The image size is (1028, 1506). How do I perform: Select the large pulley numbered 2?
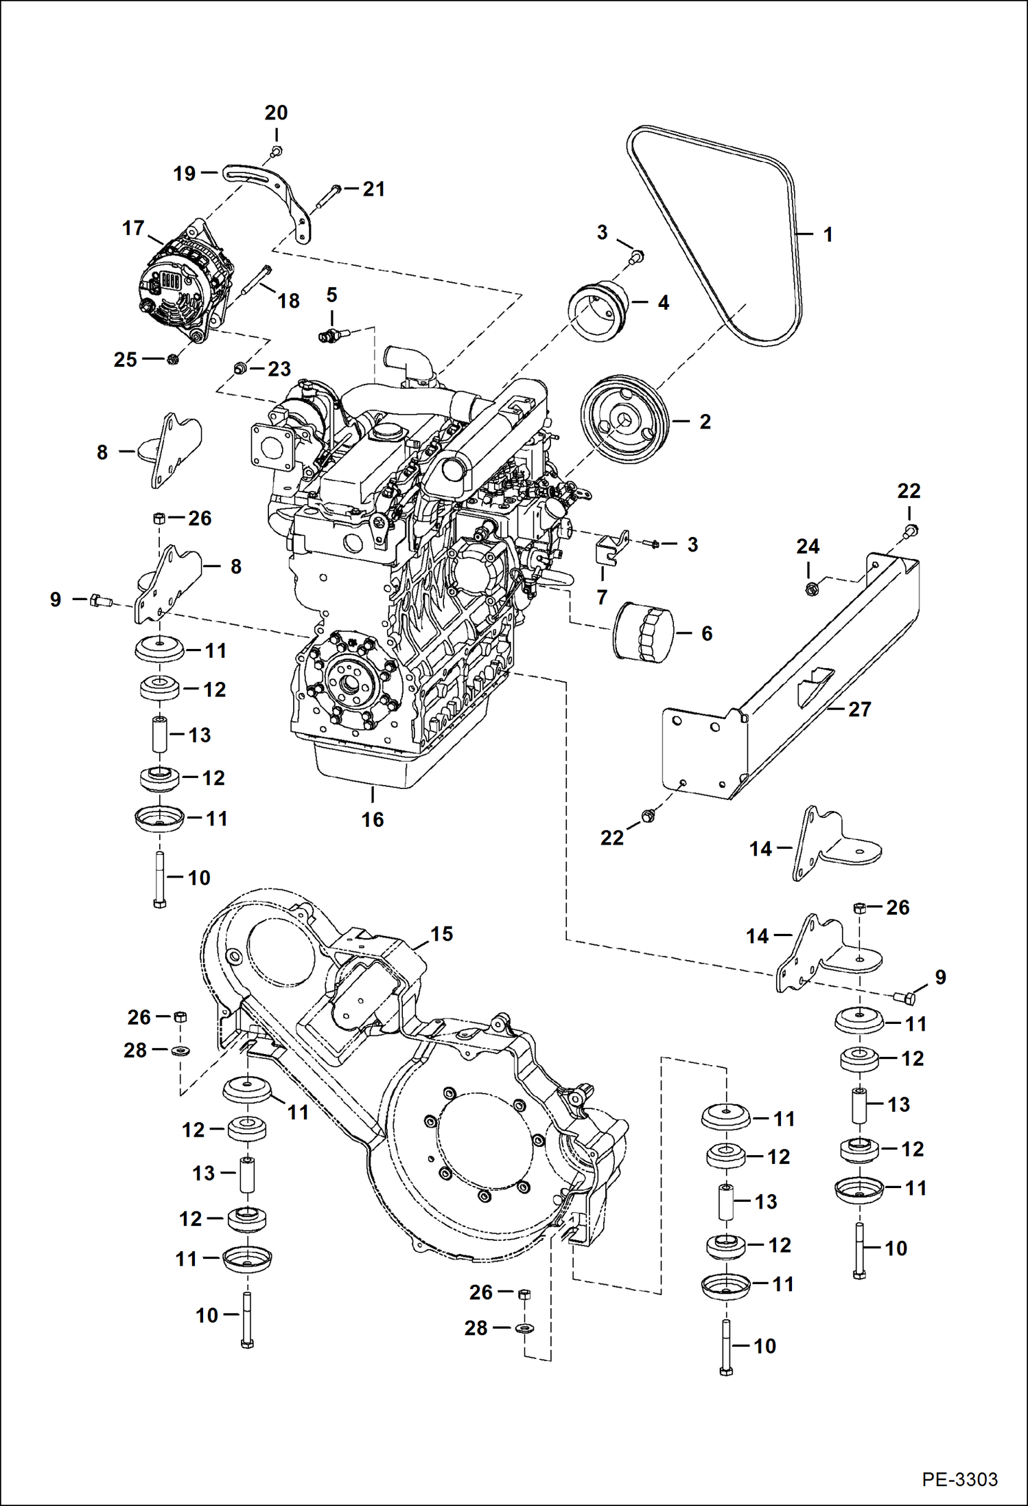[x=624, y=420]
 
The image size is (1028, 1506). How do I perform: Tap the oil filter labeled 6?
[x=643, y=632]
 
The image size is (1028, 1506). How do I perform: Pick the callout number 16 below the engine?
[x=373, y=819]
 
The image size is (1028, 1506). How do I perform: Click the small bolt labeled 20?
[x=276, y=151]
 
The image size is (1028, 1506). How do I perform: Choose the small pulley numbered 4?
[x=598, y=308]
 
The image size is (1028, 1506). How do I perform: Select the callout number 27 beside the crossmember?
[x=859, y=709]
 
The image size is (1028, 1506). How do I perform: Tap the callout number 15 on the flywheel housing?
[x=441, y=934]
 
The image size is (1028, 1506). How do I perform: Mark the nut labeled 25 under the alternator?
[x=173, y=359]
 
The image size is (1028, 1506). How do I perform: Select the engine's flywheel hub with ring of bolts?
[x=351, y=682]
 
